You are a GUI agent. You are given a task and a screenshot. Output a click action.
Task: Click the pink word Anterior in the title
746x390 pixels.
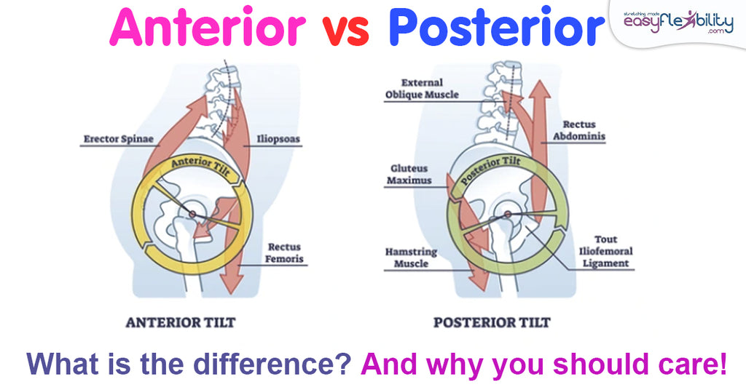coord(208,28)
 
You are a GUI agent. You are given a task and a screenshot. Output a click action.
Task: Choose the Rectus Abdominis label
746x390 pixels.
coord(584,130)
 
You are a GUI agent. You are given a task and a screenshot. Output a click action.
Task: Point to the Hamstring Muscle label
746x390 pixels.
coord(411,258)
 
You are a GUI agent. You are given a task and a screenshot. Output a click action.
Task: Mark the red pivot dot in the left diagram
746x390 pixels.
coord(192,213)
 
